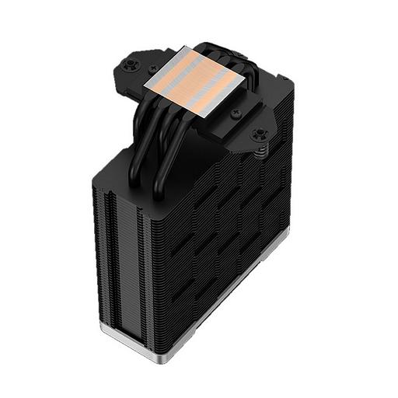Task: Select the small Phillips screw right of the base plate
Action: (236, 113)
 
